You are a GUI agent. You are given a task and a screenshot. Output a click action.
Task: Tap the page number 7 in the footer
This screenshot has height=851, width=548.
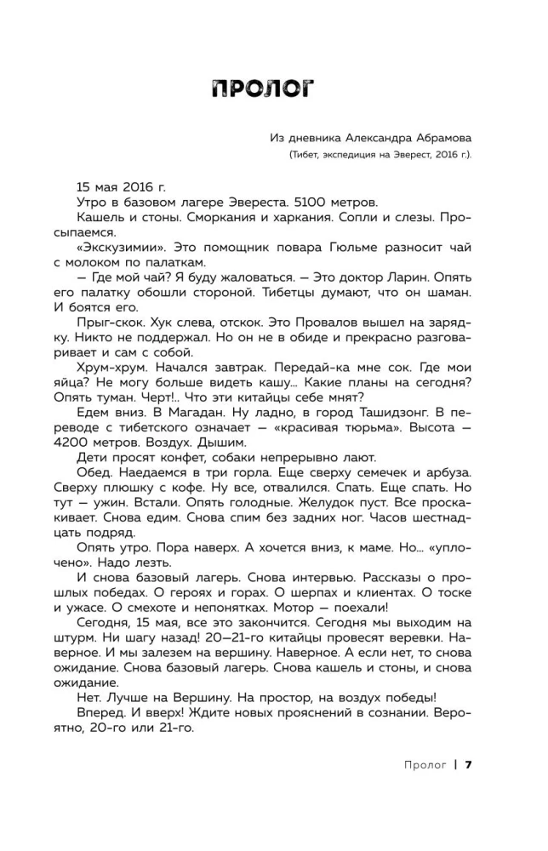click(469, 763)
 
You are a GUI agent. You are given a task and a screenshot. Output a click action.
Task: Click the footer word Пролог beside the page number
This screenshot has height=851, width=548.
click(425, 763)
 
